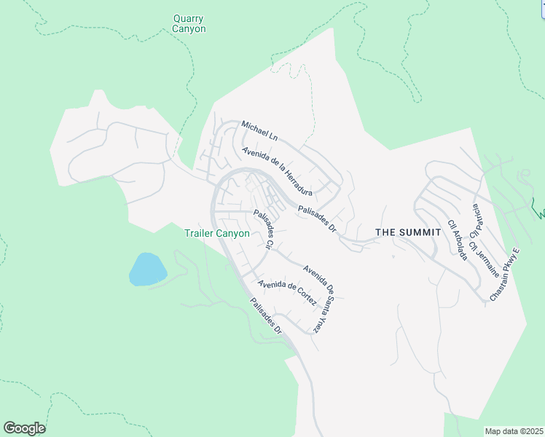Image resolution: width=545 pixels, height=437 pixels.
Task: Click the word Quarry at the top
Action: click(x=189, y=18)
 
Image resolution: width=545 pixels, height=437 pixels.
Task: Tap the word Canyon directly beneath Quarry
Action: click(x=189, y=29)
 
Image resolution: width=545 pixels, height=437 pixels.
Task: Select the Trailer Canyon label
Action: click(x=216, y=234)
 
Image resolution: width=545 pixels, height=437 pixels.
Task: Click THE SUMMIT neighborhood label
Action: click(x=408, y=232)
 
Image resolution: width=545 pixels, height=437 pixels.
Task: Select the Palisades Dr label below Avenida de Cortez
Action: click(x=265, y=317)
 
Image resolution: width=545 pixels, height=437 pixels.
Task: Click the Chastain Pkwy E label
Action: click(x=506, y=275)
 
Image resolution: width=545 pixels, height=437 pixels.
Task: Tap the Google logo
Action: click(x=24, y=428)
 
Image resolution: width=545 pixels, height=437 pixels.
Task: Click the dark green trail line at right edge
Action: click(x=539, y=213)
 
